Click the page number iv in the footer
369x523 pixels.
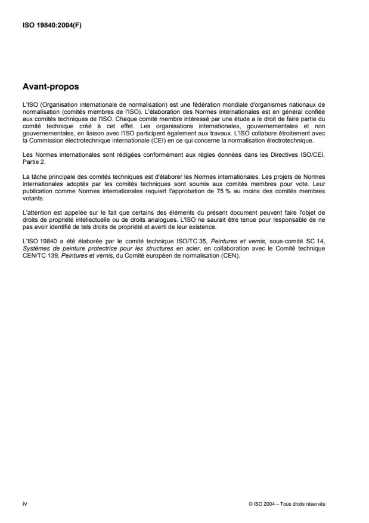[24, 504]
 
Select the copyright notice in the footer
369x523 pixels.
[286, 505]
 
